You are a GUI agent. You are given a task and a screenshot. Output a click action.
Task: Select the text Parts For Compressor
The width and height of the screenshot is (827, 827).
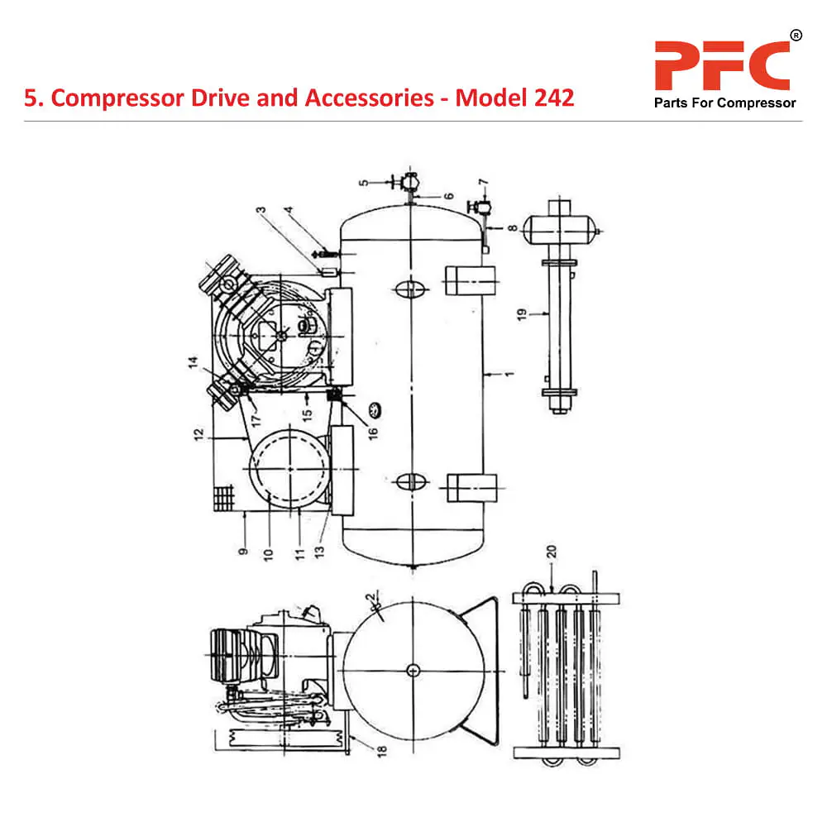[x=724, y=103]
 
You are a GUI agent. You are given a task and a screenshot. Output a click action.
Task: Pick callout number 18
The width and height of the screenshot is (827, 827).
[x=358, y=749]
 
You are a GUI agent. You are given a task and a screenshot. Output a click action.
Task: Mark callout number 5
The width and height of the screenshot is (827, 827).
[x=362, y=182]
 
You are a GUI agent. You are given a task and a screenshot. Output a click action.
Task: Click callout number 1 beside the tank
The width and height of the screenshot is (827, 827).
[x=510, y=374]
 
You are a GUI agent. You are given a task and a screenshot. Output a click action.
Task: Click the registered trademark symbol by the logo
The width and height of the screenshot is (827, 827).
[x=796, y=35]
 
